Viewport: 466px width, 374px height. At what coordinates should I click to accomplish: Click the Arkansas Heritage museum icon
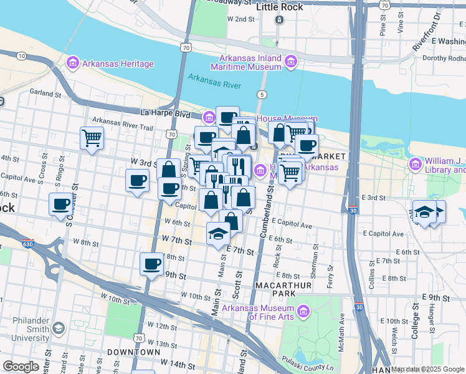(x=73, y=64)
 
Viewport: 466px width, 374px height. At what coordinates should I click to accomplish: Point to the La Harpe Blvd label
(x=166, y=113)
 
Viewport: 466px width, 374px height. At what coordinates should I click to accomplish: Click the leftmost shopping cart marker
(x=92, y=137)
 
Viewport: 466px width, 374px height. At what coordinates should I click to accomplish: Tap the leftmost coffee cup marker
(x=61, y=204)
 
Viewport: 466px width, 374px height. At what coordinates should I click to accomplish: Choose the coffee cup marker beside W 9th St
(x=151, y=264)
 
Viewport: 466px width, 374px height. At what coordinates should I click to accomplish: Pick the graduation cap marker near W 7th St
(x=218, y=233)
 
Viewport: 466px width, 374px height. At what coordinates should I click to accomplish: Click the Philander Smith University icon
(x=58, y=327)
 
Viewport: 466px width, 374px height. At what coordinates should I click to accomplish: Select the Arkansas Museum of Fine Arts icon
(x=303, y=310)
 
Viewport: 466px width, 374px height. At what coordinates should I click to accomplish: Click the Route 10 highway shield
(x=21, y=56)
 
